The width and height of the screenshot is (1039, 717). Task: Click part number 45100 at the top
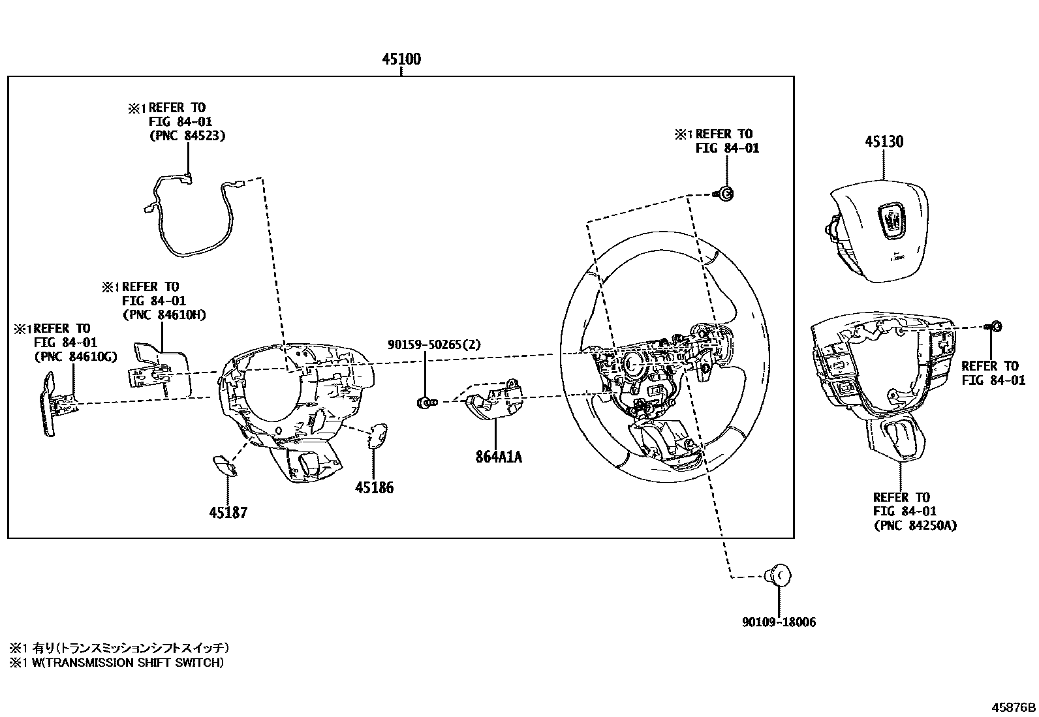point(401,59)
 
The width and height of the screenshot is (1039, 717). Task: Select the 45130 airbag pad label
point(884,142)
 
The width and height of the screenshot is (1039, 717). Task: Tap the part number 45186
point(374,487)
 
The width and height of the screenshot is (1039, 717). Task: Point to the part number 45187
point(228,513)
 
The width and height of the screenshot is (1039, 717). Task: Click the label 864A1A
point(499,457)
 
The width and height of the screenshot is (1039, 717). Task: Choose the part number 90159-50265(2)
point(434,344)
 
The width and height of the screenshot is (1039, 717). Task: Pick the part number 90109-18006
point(779,622)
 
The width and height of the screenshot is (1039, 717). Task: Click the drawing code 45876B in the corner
point(1014,707)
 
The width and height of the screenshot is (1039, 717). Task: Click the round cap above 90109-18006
point(779,575)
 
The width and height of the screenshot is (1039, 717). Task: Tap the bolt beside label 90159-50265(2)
point(424,403)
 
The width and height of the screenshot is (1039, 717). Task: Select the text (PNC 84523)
point(187,136)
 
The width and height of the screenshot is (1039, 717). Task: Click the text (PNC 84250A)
point(915,525)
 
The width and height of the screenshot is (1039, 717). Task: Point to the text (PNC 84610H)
point(164,315)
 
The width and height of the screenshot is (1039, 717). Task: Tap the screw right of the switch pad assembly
point(995,326)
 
